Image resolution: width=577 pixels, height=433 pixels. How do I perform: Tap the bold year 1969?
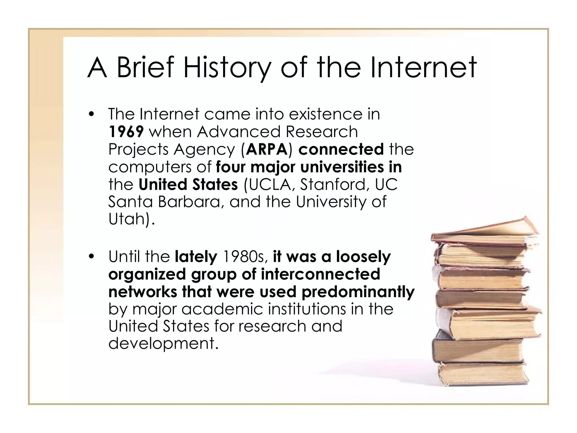coord(126,132)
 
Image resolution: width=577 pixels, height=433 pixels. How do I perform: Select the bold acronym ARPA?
coord(267,149)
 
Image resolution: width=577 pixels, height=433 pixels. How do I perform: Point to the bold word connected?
coord(341,149)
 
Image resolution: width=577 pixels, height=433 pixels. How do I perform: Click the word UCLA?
coord(272,184)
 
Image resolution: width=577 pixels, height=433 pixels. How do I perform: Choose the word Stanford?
coord(331,184)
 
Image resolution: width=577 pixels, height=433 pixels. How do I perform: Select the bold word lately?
coord(196,257)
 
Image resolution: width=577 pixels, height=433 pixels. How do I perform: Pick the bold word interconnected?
coord(320,274)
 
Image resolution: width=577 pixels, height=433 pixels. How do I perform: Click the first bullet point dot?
coord(90,115)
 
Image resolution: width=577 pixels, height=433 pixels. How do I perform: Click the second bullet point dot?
coord(90,257)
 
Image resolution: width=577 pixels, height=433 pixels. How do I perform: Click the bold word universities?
coord(342,167)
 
